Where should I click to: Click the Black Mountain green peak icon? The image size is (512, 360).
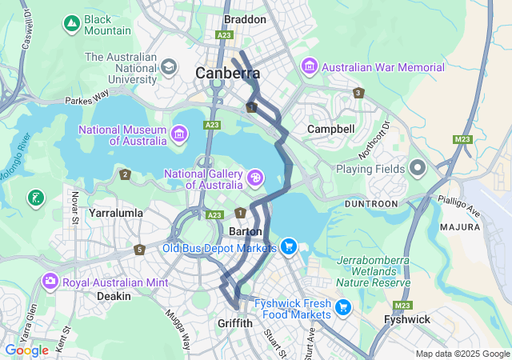click(72, 24)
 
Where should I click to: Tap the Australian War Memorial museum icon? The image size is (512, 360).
click(309, 64)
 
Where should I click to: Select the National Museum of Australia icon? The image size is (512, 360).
click(178, 131)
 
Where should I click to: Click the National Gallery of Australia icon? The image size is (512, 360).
click(254, 177)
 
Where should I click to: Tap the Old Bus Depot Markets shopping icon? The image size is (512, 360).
click(289, 246)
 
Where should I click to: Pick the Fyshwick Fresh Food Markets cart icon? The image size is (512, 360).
click(343, 306)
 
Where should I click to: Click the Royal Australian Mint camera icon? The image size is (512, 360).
click(50, 281)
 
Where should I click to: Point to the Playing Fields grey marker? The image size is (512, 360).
click(416, 167)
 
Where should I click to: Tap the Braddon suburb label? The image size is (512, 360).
click(244, 18)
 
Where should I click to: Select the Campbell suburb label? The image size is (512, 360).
click(330, 129)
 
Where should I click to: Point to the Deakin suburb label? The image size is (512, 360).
click(114, 296)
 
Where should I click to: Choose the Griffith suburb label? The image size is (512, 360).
click(235, 323)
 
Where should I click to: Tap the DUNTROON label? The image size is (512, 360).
click(370, 204)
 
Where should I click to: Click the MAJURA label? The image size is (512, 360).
click(459, 227)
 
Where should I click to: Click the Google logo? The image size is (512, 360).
click(26, 350)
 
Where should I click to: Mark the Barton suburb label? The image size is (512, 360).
click(246, 231)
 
